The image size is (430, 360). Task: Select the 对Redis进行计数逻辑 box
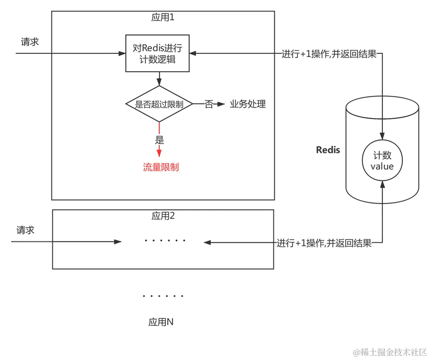(158, 53)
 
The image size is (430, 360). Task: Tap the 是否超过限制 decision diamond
(159, 104)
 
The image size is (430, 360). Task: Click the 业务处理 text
(248, 104)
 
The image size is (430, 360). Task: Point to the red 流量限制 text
(161, 167)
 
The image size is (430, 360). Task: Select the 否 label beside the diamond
(209, 104)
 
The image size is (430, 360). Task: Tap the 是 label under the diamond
(159, 140)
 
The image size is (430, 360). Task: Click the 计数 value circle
(382, 160)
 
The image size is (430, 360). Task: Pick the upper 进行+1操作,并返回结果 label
(328, 54)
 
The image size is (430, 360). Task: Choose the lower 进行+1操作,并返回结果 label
(325, 243)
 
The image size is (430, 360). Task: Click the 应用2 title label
(163, 216)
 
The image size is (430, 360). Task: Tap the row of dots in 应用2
(165, 241)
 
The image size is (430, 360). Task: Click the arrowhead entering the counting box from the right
(193, 54)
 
